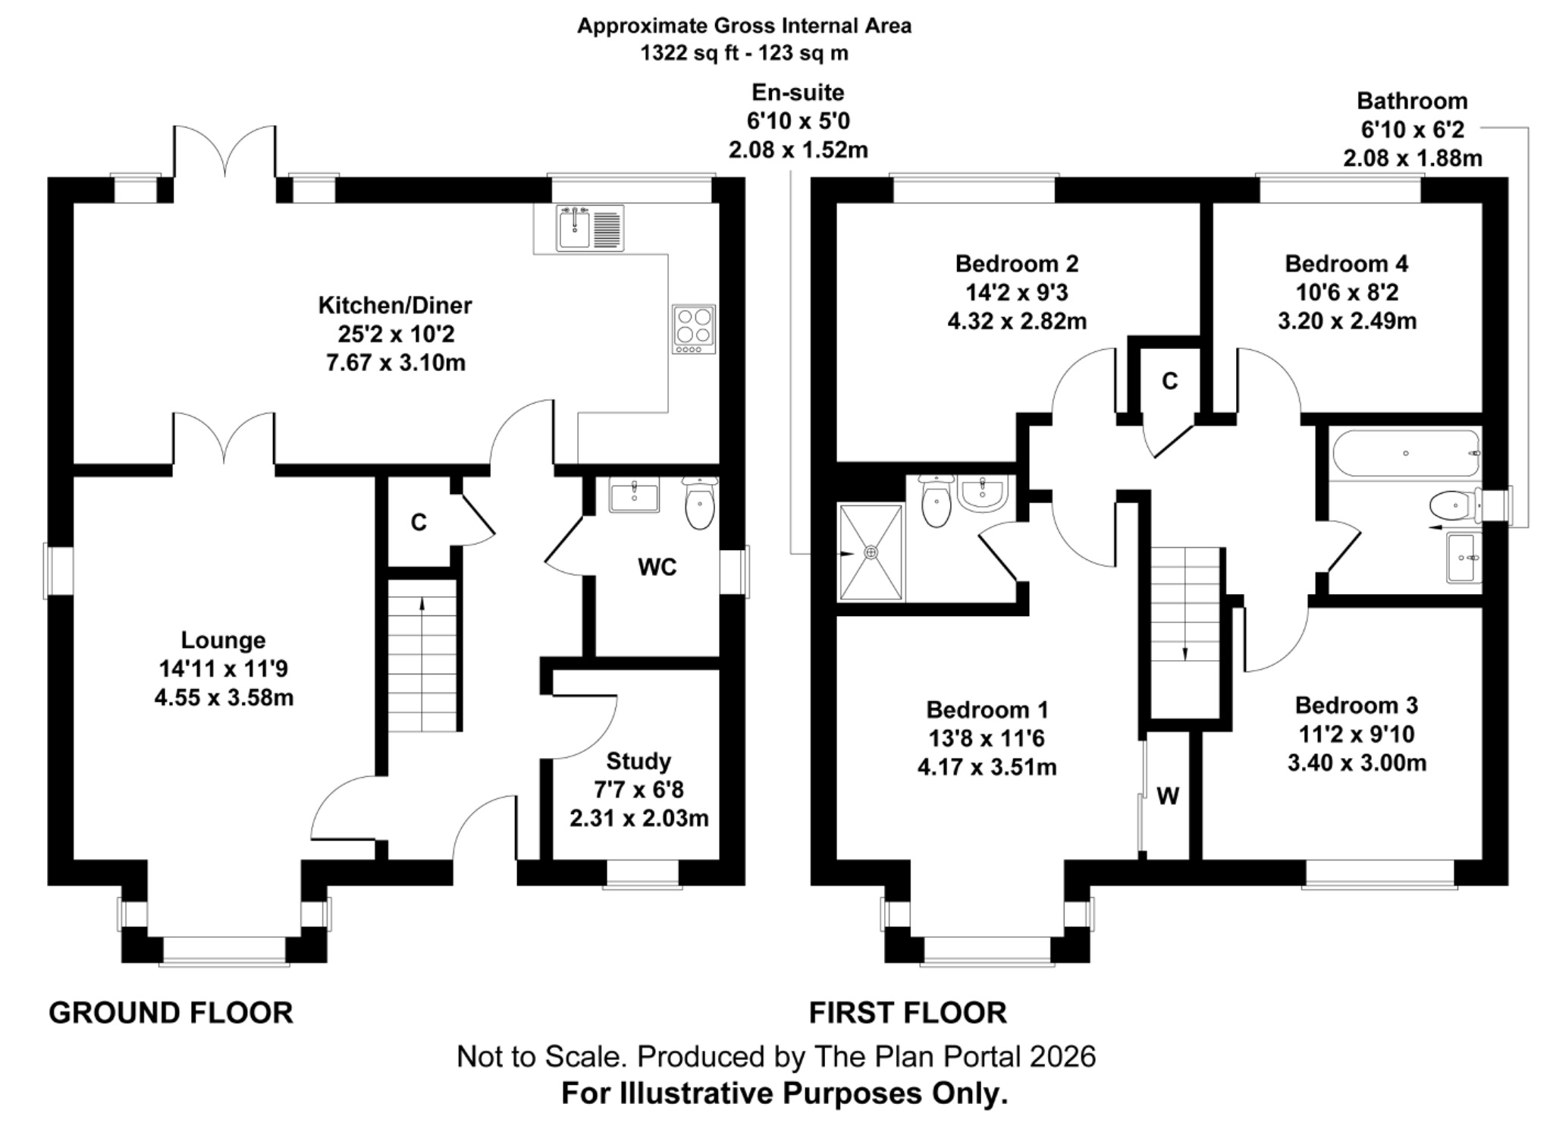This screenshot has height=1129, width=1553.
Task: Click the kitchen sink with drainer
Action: coord(590,228)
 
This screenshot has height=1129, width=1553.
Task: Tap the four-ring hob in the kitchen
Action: coord(693,328)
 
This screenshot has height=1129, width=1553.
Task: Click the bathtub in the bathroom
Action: coord(1405,454)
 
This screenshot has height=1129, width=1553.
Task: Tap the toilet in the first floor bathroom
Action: coord(1453,505)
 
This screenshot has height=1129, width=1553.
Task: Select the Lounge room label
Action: coord(223,640)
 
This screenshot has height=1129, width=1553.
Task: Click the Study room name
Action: coord(638,761)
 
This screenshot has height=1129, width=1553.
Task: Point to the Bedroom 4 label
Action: coord(1346,264)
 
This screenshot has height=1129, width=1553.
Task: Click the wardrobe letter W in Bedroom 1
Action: coord(1168,796)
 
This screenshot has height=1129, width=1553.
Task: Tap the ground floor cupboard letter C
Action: coord(419,522)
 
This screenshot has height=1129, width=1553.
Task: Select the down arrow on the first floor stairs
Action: coord(1185,653)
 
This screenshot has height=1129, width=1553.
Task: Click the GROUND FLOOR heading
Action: coord(171,1013)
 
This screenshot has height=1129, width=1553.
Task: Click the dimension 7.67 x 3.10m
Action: coord(396,363)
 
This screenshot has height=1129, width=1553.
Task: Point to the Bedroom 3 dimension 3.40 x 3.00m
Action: coord(1356,763)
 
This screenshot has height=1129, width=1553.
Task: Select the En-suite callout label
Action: coord(798,93)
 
